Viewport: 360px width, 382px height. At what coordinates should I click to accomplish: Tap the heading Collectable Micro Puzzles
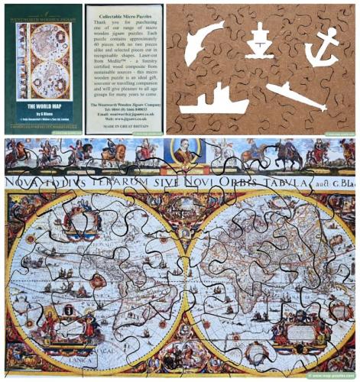[123, 15]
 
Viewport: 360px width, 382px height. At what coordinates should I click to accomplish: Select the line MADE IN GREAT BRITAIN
[123, 125]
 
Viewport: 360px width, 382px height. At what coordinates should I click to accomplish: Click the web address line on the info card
[123, 118]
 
